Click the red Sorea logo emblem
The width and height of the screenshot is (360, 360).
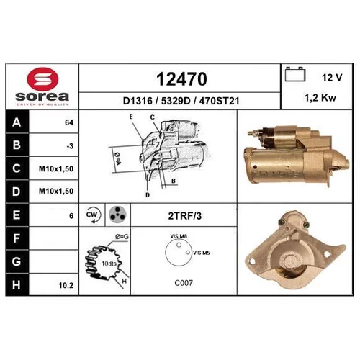coord(42,78)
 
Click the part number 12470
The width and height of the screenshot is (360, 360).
coord(181,79)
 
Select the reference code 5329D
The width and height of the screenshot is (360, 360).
coord(176,101)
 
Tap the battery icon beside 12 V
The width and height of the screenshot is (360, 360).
coord(295,74)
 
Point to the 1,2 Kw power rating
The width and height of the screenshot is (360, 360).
coord(320,98)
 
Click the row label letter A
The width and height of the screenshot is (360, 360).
coord(17,122)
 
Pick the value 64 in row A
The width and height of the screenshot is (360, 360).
coord(69,122)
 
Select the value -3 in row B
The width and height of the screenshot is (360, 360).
coord(70,146)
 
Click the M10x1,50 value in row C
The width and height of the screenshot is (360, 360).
coord(56,168)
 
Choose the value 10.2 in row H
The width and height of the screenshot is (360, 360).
coord(66,285)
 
